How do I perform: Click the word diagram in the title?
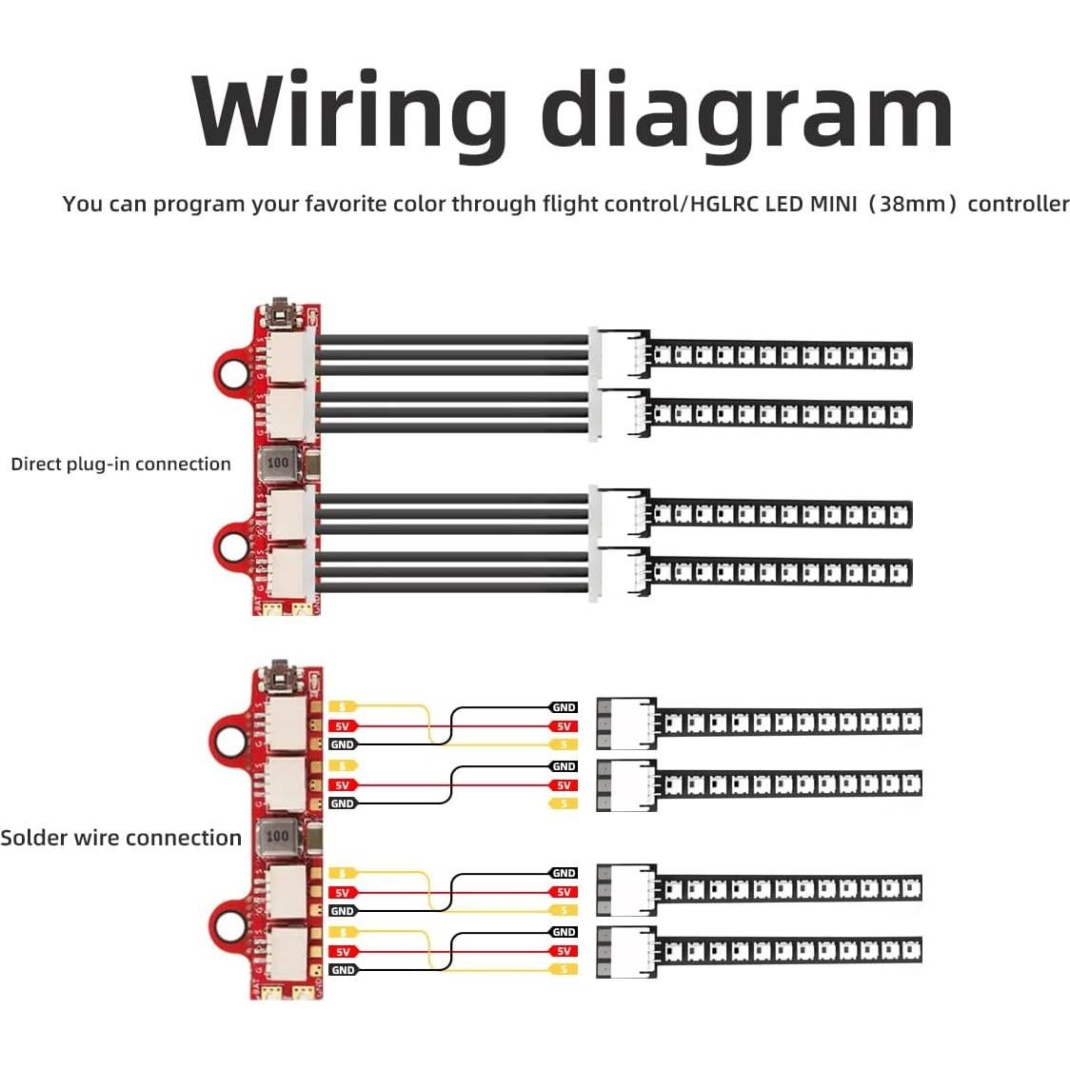[x=746, y=112]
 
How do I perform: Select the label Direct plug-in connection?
[x=121, y=465]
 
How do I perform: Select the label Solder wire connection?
[x=121, y=838]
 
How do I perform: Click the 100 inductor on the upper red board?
[x=277, y=463]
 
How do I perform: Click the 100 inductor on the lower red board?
[x=277, y=836]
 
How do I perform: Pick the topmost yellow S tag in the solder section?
[x=343, y=706]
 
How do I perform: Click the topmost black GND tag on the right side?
[x=564, y=707]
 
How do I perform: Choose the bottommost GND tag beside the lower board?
[x=343, y=970]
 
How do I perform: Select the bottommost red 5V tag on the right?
[x=564, y=951]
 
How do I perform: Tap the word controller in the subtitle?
[x=1018, y=204]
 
